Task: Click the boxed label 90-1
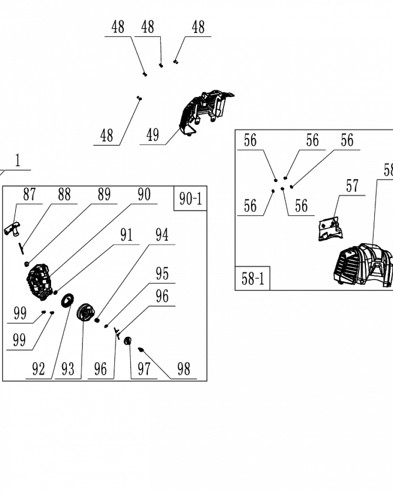pyautogui.click(x=190, y=198)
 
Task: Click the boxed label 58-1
pyautogui.click(x=253, y=279)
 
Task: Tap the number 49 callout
pyautogui.click(x=153, y=135)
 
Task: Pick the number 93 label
pyautogui.click(x=68, y=369)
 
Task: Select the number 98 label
pyautogui.click(x=183, y=369)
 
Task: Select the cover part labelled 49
pyautogui.click(x=204, y=111)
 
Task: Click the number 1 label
pyautogui.click(x=18, y=161)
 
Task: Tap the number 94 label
pyautogui.click(x=162, y=235)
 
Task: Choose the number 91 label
pyautogui.click(x=127, y=235)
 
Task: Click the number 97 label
pyautogui.click(x=144, y=369)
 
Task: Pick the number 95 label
pyautogui.click(x=162, y=273)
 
